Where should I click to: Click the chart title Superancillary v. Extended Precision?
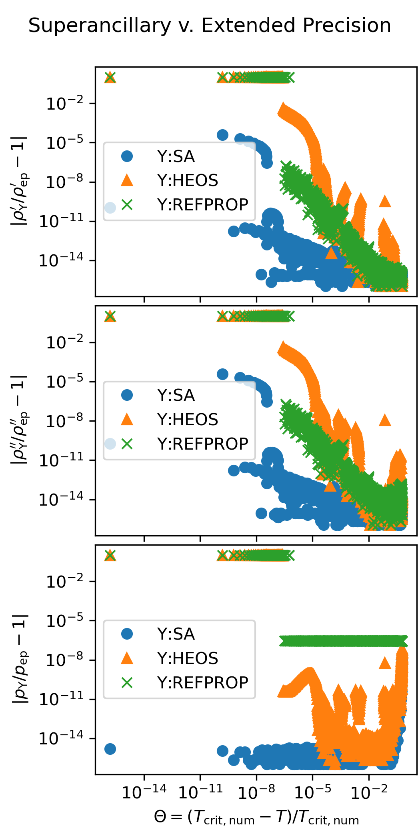point(210,26)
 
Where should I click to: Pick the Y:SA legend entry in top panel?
point(176,156)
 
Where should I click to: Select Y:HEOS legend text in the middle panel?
point(187,420)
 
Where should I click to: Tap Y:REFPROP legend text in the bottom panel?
point(202,682)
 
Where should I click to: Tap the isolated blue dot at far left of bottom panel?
point(110,749)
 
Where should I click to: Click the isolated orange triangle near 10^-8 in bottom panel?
point(384,663)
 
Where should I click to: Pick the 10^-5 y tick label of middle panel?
point(65,382)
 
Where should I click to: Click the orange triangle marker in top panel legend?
point(127,180)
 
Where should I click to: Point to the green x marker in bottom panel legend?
point(127,682)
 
